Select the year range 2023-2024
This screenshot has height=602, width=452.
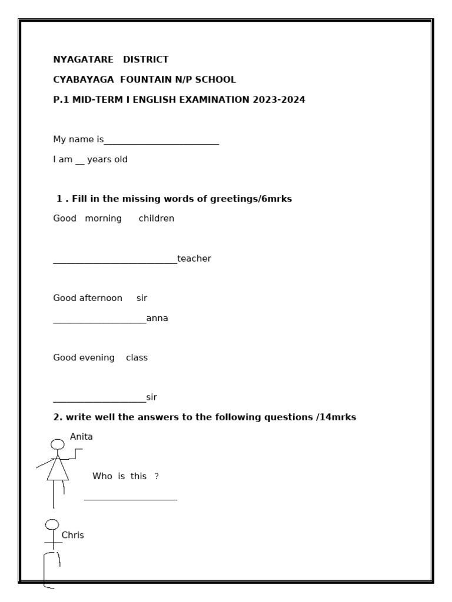point(279,99)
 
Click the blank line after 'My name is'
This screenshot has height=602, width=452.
point(161,143)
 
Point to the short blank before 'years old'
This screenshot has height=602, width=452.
point(79,163)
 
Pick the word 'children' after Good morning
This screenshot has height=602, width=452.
point(157,218)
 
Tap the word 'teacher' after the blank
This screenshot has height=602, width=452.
point(194,258)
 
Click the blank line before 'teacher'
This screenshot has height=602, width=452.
point(115,262)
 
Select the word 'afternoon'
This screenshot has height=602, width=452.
point(101,298)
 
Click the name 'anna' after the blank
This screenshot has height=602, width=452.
point(157,318)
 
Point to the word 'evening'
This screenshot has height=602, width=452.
point(97,357)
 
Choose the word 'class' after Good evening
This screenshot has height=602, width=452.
point(137,357)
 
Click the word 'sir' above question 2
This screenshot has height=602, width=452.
point(151,397)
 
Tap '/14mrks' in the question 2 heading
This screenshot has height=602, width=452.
point(335,417)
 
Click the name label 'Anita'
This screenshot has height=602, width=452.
point(81,436)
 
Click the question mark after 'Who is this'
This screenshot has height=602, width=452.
point(157,476)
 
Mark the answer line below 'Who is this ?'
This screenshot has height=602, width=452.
point(131,500)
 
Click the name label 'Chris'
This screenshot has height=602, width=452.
point(72,535)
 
